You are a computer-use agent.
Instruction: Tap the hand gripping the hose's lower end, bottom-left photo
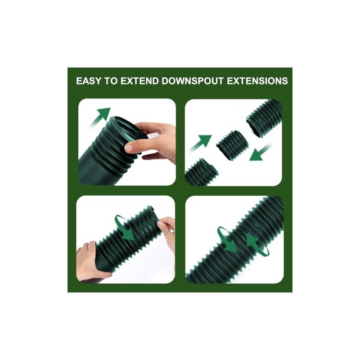point(90,261)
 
